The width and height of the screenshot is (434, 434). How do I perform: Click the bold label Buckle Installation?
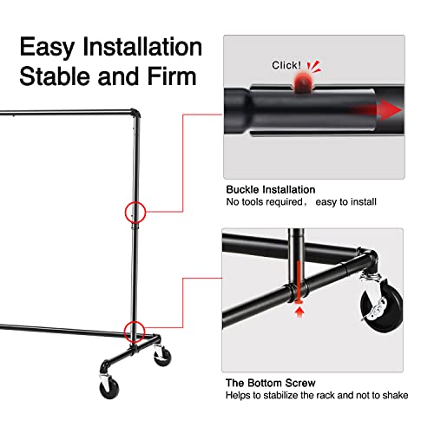click(x=270, y=189)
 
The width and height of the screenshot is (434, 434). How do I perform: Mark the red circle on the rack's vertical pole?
click(x=134, y=211)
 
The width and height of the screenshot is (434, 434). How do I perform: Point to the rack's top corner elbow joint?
click(x=131, y=114)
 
